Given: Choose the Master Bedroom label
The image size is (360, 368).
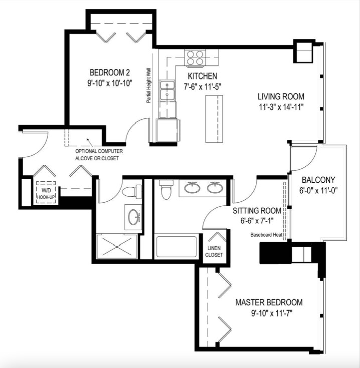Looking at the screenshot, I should click(269, 302).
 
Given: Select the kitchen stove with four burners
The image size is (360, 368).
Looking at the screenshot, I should click(195, 58).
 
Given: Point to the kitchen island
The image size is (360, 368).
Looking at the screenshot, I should click(212, 118).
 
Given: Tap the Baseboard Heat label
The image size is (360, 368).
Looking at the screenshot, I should click(266, 234).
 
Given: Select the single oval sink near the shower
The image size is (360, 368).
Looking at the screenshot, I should click(133, 217).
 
